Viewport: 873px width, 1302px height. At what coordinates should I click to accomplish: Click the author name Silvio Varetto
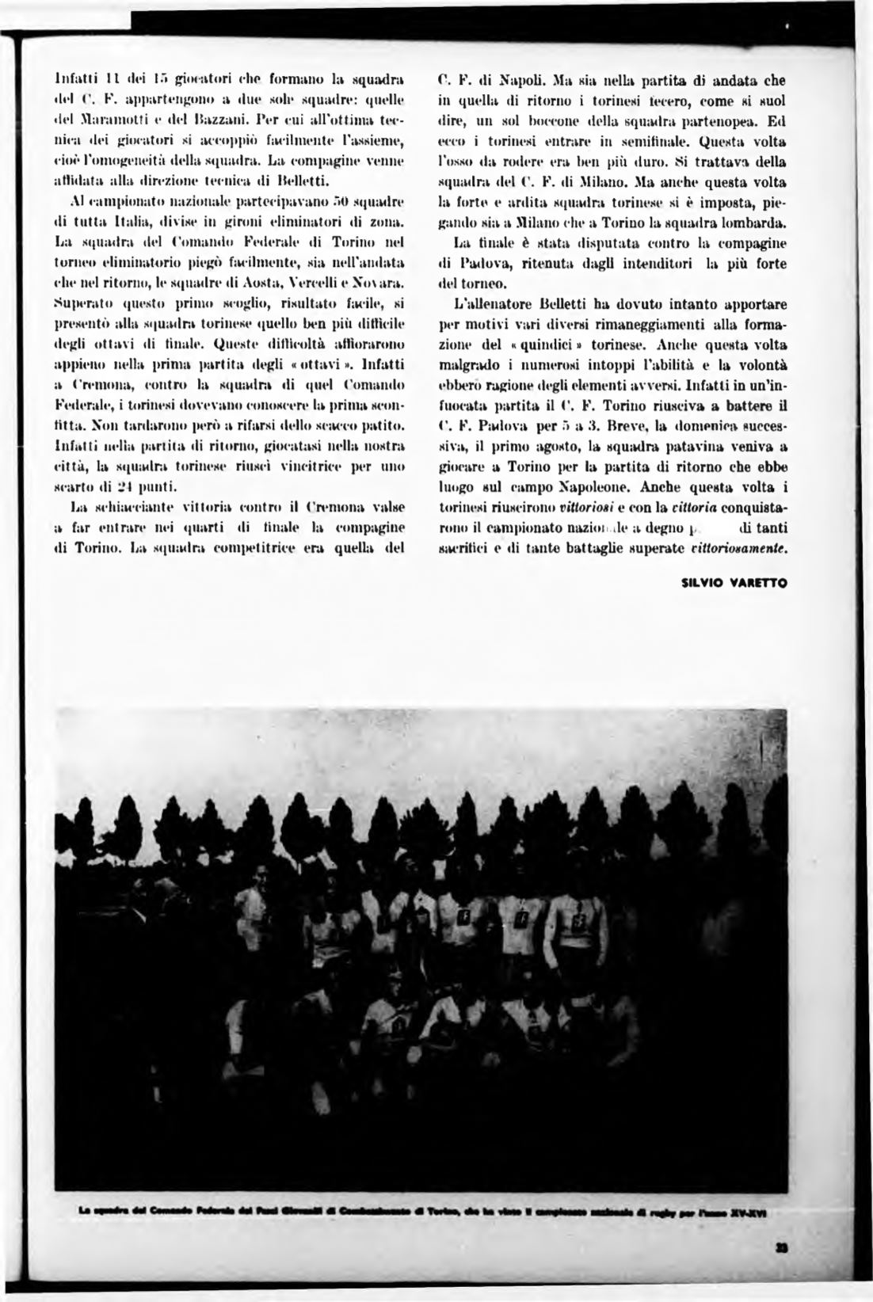tap(733, 588)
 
